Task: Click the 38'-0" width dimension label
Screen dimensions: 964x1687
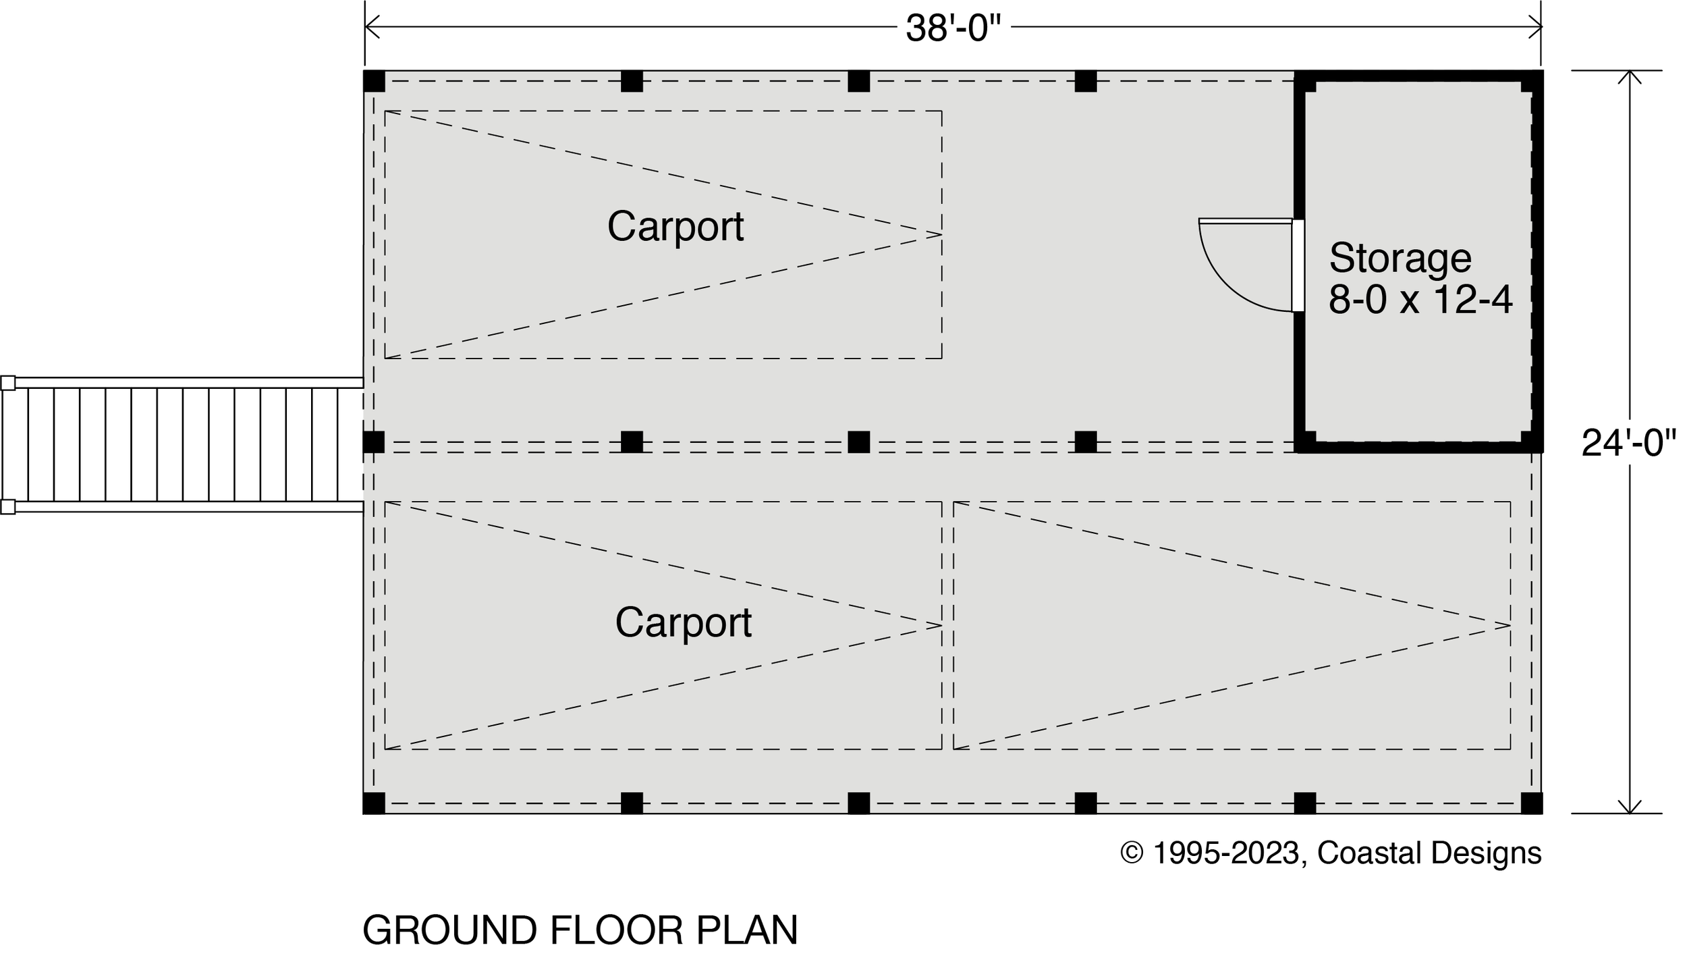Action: (x=953, y=29)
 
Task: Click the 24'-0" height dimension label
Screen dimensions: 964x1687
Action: (x=1629, y=444)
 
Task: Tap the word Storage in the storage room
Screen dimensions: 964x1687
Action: (x=1400, y=258)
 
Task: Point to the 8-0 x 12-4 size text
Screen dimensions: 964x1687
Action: (x=1420, y=299)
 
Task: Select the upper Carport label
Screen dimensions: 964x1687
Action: (x=675, y=226)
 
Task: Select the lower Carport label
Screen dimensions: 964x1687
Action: (x=683, y=622)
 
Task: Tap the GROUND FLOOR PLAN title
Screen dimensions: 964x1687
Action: (x=580, y=930)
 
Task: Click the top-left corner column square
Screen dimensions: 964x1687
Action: (x=374, y=81)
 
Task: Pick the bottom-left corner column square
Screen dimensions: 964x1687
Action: (x=374, y=803)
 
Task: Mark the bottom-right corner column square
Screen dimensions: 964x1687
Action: (x=1531, y=803)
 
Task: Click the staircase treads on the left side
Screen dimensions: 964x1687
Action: (x=182, y=444)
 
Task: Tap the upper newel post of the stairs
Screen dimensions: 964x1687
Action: (x=7, y=383)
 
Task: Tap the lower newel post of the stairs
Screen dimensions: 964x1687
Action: (x=7, y=507)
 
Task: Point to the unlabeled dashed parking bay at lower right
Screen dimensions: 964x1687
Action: (x=1232, y=625)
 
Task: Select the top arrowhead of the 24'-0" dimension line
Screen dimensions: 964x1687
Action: (x=1630, y=76)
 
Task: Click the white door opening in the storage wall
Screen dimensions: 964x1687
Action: (x=1298, y=265)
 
